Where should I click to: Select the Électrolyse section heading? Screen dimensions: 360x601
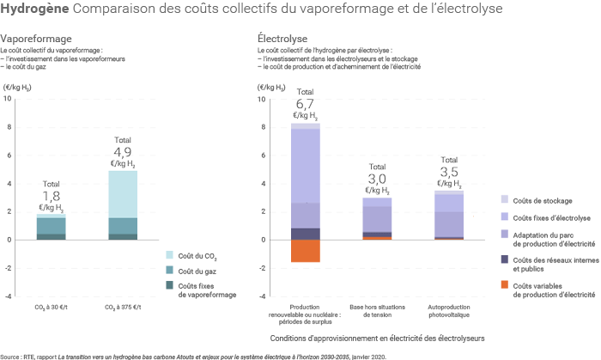(x=277, y=40)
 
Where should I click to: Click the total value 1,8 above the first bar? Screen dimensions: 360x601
(x=52, y=196)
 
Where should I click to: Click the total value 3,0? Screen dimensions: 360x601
(x=377, y=179)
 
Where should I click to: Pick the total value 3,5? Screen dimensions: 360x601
(x=448, y=173)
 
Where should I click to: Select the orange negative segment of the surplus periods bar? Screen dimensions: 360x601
(x=306, y=250)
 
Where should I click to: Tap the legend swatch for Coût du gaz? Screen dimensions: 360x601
(x=168, y=271)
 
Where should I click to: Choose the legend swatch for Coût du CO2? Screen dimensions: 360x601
(x=168, y=255)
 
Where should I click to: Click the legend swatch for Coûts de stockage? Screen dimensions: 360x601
(x=505, y=199)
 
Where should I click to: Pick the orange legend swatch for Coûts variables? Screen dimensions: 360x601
(x=505, y=284)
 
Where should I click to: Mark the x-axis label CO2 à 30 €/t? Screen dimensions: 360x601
(x=52, y=307)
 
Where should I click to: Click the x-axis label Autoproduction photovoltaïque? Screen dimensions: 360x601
(x=448, y=310)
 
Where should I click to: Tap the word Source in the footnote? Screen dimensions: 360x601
(x=11, y=355)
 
